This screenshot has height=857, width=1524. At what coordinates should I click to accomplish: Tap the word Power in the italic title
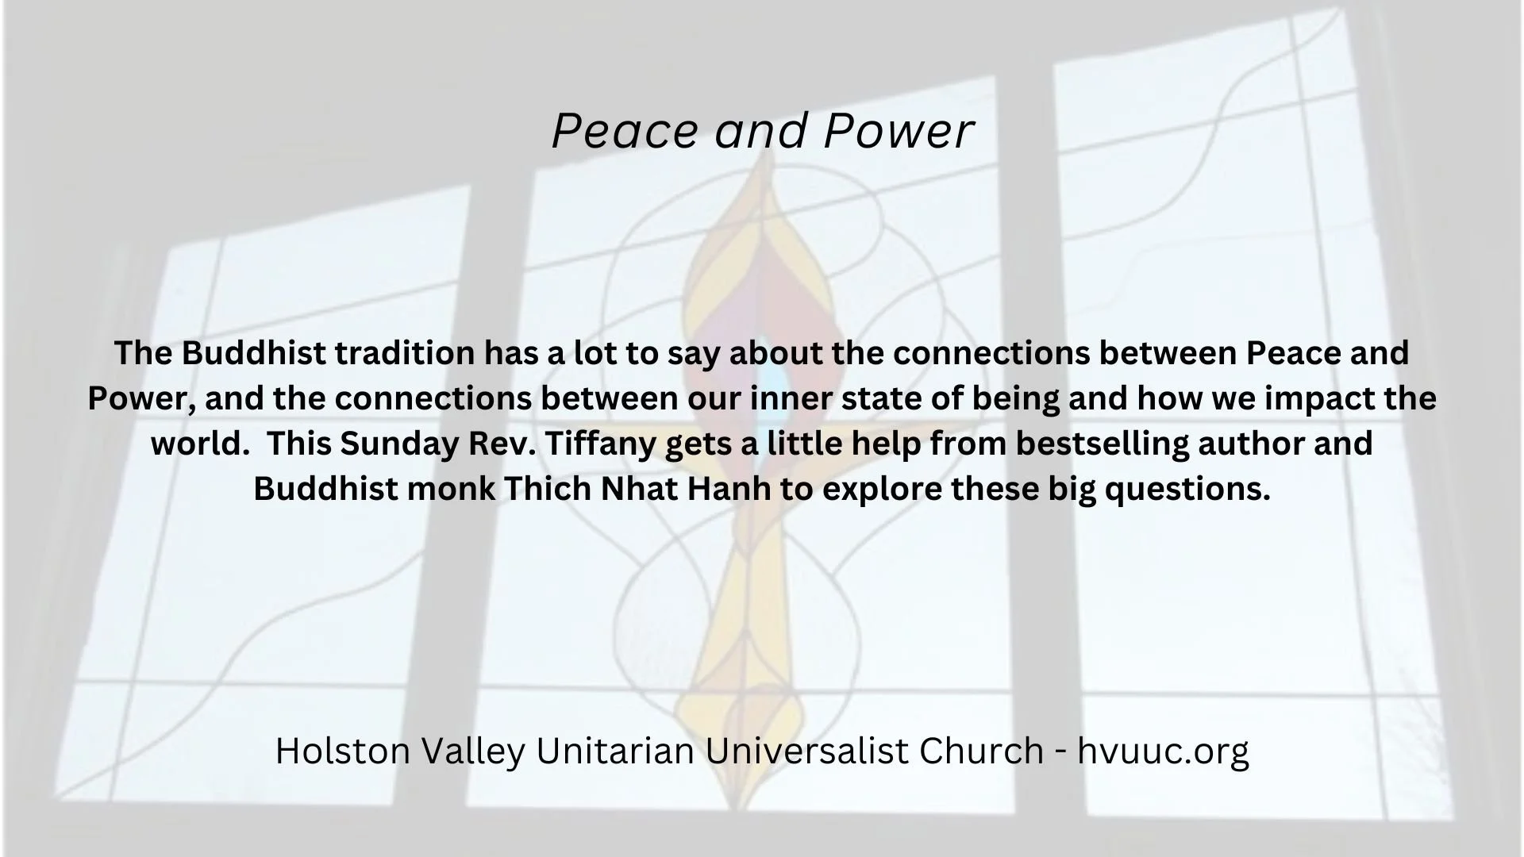click(x=898, y=131)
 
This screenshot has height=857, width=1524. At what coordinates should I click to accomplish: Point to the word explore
click(x=881, y=489)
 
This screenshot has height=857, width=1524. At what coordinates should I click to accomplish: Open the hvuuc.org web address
click(x=1163, y=751)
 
